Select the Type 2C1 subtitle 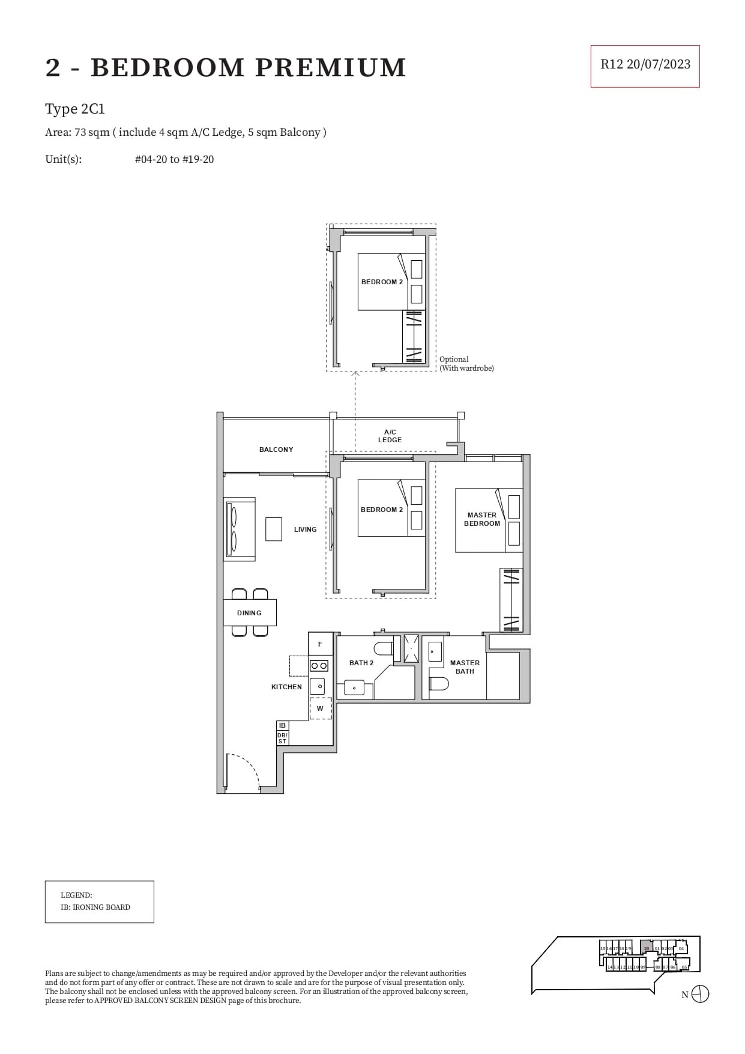[75, 109]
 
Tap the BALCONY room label [276, 449]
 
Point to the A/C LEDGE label [390, 436]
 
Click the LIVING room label [305, 529]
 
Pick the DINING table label [249, 613]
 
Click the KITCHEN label [286, 687]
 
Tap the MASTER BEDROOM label [481, 519]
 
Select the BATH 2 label [361, 663]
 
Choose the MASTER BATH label [465, 667]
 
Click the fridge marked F [320, 644]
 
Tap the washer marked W [320, 708]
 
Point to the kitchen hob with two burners [319, 666]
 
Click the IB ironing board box [282, 725]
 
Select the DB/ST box [282, 738]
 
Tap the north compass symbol [700, 994]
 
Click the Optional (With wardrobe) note [466, 364]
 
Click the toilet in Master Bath [440, 683]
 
